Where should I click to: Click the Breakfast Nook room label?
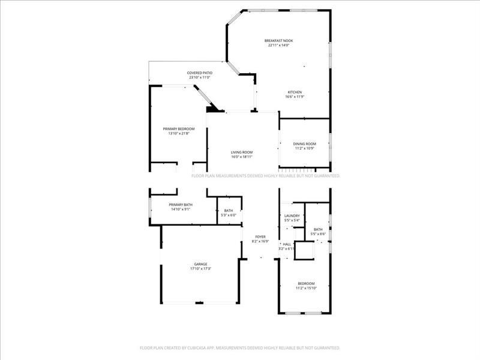click(278, 41)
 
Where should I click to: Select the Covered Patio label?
click(200, 73)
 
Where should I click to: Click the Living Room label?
click(242, 152)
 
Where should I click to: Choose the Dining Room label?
click(304, 144)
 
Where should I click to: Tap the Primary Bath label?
click(180, 205)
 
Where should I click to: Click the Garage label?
click(200, 264)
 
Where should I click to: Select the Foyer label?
click(260, 237)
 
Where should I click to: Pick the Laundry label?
click(292, 215)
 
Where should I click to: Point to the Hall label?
click(287, 244)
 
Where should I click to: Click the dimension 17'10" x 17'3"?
click(200, 269)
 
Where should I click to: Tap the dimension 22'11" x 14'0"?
click(278, 46)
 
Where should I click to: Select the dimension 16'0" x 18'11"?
click(242, 157)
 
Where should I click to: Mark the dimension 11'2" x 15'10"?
click(305, 288)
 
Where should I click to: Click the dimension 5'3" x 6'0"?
click(229, 215)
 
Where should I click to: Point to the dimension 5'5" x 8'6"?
click(318, 234)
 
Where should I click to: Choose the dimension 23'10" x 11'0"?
click(200, 77)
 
